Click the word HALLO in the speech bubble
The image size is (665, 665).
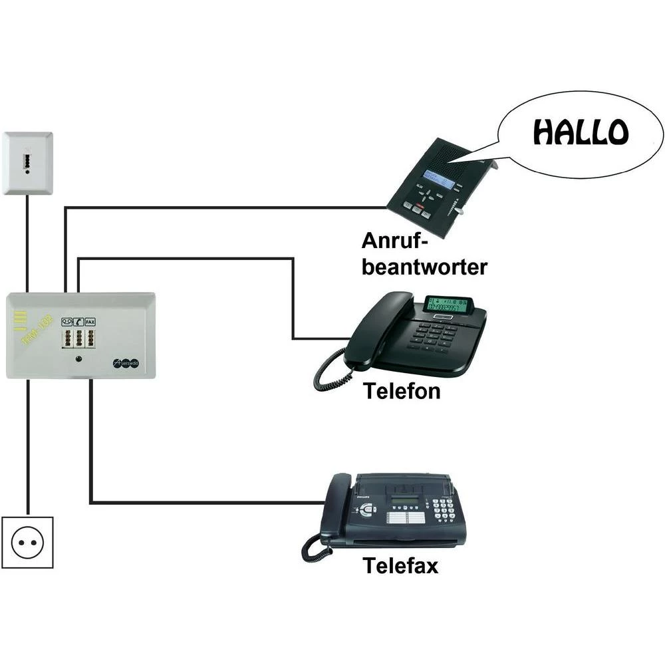point(580,133)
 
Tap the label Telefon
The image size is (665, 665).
point(402,391)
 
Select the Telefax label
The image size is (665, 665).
point(400,566)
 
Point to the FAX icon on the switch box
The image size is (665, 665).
point(90,321)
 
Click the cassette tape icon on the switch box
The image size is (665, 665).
point(66,321)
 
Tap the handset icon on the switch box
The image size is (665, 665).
point(78,321)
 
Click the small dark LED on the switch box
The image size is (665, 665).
point(79,360)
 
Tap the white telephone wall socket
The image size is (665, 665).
point(27,163)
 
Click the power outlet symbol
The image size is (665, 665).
point(27,542)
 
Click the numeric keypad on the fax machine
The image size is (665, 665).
point(443,511)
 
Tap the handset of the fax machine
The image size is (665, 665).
point(336,509)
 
